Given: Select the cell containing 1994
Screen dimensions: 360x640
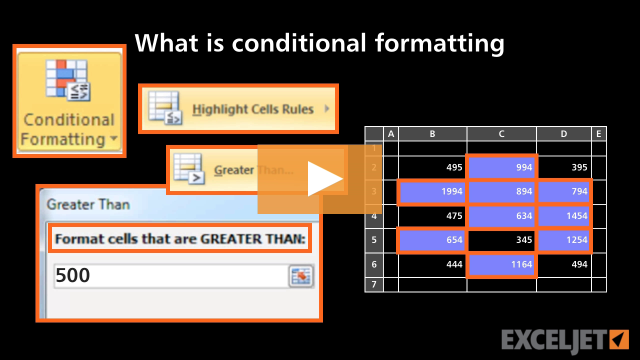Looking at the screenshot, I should [x=432, y=191].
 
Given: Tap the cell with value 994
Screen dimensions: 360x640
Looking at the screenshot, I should [x=502, y=167].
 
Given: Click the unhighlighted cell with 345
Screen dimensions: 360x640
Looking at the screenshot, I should [x=502, y=240].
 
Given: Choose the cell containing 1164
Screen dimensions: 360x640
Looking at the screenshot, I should [x=502, y=264].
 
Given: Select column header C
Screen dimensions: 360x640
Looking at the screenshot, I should [x=501, y=133].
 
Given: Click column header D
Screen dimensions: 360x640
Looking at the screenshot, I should [x=564, y=133].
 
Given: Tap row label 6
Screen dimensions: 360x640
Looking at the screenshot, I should [x=374, y=264].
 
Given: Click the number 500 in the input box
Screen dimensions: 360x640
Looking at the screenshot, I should [x=73, y=275].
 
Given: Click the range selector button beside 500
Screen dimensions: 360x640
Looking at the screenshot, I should [x=301, y=276].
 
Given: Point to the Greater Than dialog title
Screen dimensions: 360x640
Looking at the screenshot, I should [x=88, y=204].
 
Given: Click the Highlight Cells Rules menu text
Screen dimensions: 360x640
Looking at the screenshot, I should [x=253, y=109].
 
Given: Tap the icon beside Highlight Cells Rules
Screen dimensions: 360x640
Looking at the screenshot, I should [x=164, y=107].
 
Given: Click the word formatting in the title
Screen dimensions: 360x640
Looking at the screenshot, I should [x=439, y=43].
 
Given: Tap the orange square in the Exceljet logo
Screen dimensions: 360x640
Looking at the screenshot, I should [x=619, y=339].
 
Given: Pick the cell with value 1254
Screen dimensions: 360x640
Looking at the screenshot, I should [x=564, y=240].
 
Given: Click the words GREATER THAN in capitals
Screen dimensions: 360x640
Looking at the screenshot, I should [x=252, y=239].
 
